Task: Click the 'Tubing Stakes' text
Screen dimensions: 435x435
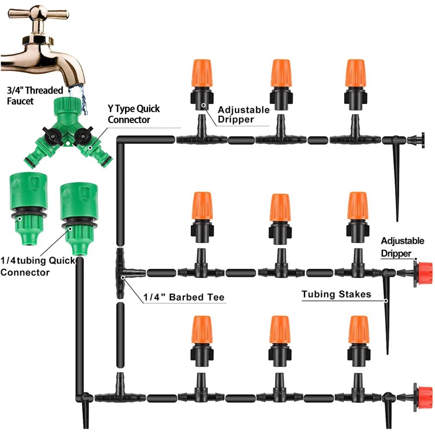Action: (x=337, y=294)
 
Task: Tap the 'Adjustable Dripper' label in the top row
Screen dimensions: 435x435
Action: (x=243, y=114)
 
